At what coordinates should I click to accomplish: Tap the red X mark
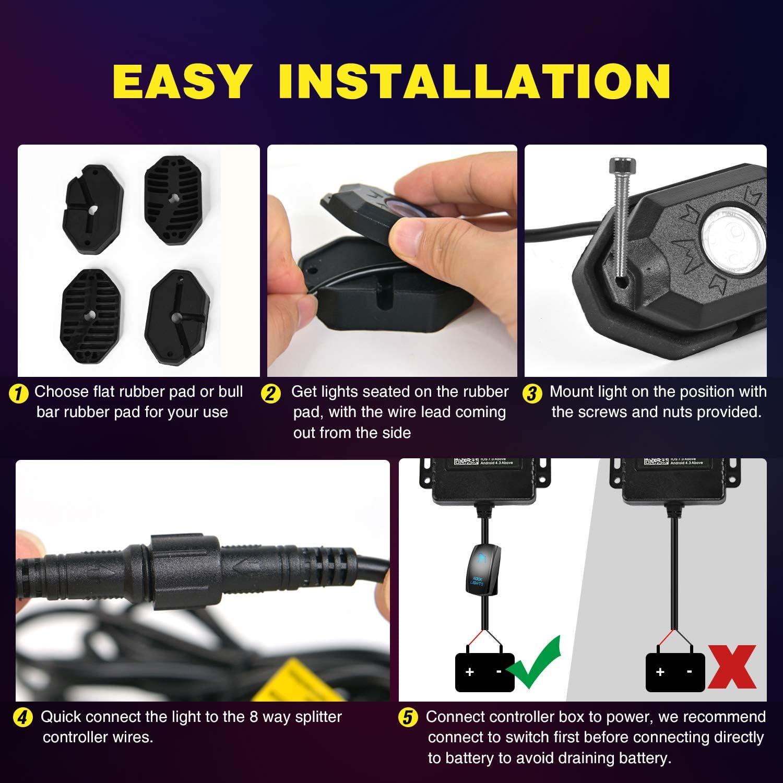(x=732, y=667)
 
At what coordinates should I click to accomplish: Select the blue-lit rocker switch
(x=481, y=569)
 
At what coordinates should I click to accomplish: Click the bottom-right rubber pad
(x=178, y=309)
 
